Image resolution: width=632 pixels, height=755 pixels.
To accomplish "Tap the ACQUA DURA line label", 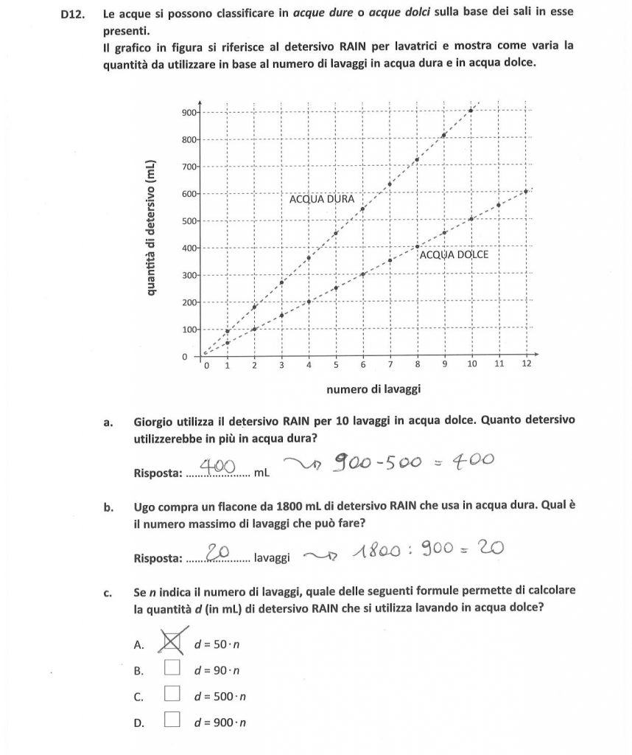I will pyautogui.click(x=322, y=199).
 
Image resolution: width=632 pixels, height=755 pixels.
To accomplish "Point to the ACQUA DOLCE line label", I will pyautogui.click(x=454, y=254).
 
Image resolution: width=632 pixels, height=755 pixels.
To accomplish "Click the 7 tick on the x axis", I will pyautogui.click(x=390, y=364).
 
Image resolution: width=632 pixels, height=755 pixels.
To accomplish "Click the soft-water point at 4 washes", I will pyautogui.click(x=309, y=302).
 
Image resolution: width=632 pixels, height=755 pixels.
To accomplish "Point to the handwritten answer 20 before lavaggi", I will pyautogui.click(x=219, y=552).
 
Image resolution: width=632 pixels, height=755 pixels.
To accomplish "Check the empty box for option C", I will pyautogui.click(x=172, y=693).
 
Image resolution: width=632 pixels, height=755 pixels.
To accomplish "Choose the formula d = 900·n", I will pyautogui.click(x=220, y=723).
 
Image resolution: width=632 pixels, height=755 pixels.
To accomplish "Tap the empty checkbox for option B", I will pyautogui.click(x=172, y=668).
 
